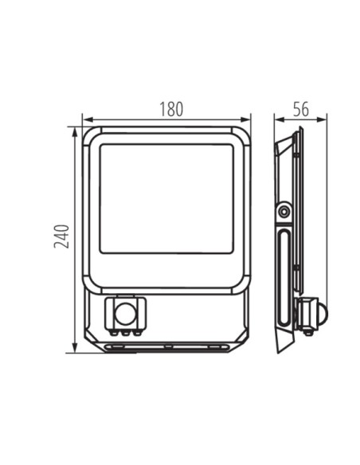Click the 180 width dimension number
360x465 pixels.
171,109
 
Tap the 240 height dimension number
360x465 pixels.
61,236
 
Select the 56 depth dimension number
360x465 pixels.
301,109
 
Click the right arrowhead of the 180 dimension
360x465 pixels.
245,119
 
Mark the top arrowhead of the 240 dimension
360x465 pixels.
75,132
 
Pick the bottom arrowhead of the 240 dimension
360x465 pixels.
75,348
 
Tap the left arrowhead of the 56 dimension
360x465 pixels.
280,119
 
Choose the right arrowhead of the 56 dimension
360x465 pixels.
322,119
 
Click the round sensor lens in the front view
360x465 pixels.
125,314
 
